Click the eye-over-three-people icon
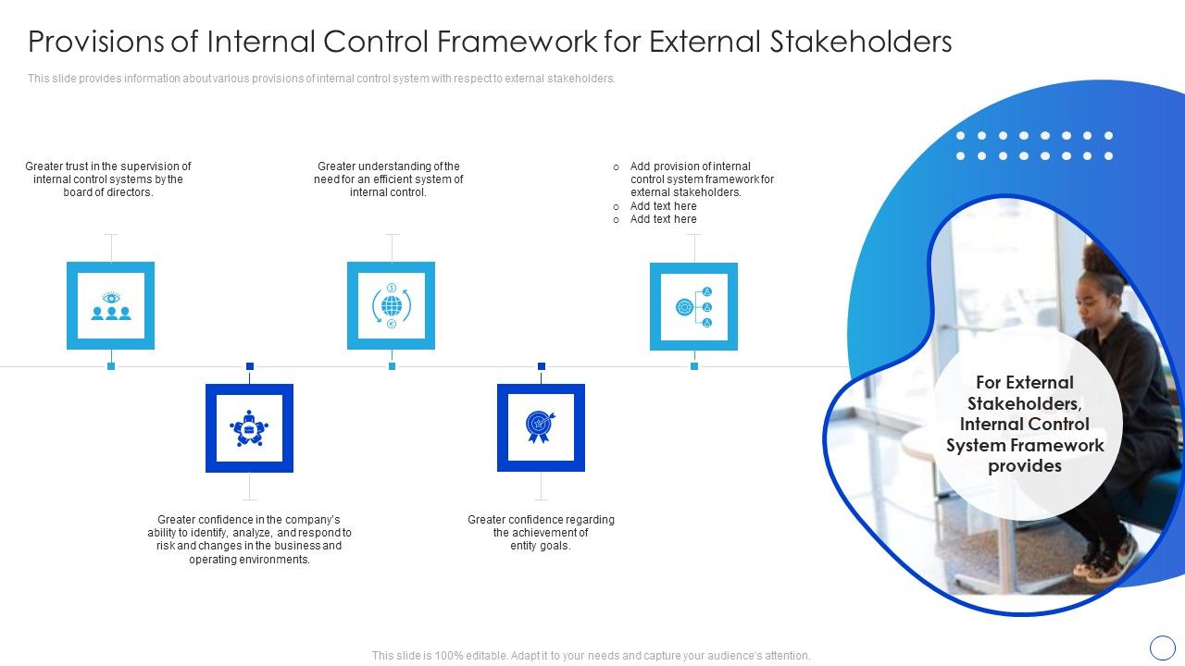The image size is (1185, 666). pos(111,305)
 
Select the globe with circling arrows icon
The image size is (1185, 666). pos(392,305)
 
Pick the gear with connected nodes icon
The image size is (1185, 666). pos(693,306)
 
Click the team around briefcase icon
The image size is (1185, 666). pos(249,428)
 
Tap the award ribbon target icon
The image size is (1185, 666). pos(541,427)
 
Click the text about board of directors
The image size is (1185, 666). pos(108,179)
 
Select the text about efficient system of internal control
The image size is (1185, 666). pos(389,179)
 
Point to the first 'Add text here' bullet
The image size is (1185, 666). pos(663,206)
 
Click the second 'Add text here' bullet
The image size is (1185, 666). pos(663,219)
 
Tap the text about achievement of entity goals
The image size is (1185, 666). pos(541,533)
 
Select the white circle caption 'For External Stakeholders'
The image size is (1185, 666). pos(1025,424)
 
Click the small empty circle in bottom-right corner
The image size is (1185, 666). pos(1162,647)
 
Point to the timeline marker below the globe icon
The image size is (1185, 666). pos(392,366)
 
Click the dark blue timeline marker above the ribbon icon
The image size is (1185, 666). pos(542,366)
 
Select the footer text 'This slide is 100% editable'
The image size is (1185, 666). pos(591,655)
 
